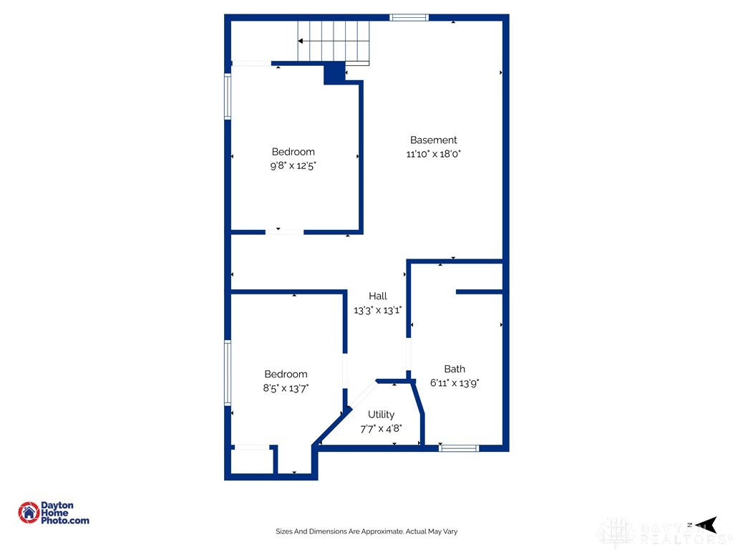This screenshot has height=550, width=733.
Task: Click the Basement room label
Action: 433,140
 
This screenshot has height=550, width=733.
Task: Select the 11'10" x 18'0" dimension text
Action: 433,154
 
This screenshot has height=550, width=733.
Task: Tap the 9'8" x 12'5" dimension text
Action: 293,165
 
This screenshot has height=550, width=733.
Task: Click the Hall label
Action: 378,296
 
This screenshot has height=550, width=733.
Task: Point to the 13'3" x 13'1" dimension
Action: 378,310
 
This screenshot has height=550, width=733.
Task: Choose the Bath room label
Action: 455,369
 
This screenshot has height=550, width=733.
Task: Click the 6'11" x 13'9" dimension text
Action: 455,383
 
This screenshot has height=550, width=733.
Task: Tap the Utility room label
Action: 381,415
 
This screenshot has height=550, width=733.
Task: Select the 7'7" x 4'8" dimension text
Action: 381,428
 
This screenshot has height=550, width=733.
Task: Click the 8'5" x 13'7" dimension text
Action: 286,388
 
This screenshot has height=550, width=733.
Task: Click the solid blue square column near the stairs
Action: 334,74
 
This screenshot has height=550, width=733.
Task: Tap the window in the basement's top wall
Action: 409,18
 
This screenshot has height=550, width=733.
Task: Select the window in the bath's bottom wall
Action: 459,448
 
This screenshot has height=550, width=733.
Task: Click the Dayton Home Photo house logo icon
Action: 29,513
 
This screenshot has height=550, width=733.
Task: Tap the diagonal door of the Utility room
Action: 363,395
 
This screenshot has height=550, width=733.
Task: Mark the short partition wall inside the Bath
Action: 479,292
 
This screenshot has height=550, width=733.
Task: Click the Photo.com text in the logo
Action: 65,521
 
